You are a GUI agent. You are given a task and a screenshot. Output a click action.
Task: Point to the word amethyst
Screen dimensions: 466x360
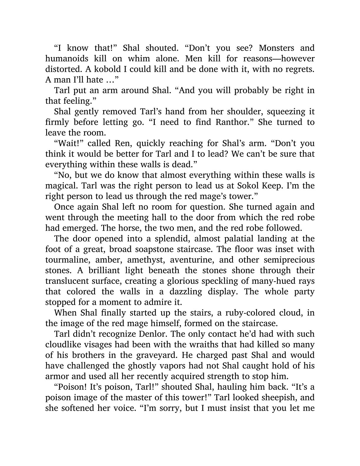tap(144, 260)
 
